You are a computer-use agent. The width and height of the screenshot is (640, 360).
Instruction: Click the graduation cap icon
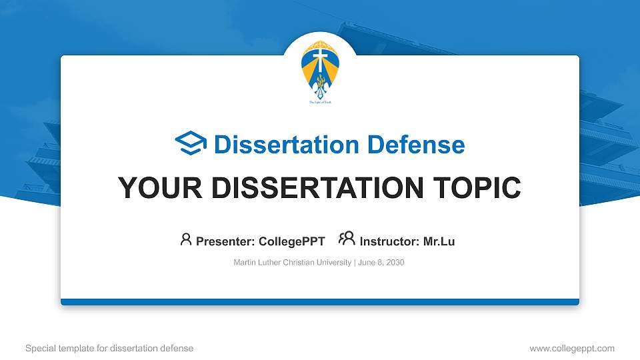coord(191,144)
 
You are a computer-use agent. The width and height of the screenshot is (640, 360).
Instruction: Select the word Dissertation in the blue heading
coord(279,145)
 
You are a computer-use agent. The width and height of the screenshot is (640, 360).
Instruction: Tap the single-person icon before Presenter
coord(186,240)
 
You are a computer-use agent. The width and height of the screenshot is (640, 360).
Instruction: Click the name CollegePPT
coord(291,241)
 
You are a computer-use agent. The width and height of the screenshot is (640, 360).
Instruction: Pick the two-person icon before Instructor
coord(347,240)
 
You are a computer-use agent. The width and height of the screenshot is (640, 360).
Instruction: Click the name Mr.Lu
coord(439,241)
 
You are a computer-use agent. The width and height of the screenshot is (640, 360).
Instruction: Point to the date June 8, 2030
coord(381,263)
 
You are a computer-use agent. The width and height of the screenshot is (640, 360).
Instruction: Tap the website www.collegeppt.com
coord(572,348)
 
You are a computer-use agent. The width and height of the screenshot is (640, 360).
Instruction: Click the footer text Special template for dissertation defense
coord(109,348)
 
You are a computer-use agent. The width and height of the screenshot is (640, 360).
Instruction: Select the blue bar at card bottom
coord(319,302)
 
